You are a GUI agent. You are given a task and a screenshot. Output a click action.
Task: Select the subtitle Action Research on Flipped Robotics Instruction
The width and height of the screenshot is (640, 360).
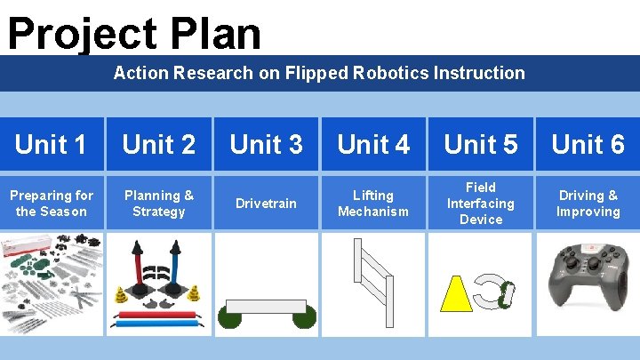319,73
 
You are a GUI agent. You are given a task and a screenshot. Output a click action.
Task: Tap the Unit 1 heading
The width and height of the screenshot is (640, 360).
52,144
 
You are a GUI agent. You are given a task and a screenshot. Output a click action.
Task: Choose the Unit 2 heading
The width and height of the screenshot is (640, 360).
159,144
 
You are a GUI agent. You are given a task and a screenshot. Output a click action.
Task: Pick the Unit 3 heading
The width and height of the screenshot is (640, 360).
266,144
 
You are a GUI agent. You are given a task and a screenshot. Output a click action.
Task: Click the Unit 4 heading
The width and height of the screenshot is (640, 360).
373,144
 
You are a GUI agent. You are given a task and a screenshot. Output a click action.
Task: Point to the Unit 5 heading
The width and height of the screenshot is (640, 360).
481,144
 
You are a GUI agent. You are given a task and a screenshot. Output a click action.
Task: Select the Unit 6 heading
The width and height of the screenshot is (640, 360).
588,144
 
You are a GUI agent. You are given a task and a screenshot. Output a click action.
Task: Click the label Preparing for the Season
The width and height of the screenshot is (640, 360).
52,204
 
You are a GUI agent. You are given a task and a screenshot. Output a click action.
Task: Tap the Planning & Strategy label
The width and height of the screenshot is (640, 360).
159,204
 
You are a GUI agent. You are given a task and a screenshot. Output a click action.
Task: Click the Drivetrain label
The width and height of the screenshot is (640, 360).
266,204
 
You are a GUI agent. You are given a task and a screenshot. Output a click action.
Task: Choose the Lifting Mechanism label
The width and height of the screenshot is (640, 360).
373,204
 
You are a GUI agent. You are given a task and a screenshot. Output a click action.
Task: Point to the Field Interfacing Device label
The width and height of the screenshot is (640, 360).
481,204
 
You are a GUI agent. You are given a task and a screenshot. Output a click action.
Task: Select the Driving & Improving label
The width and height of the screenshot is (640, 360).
588,204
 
